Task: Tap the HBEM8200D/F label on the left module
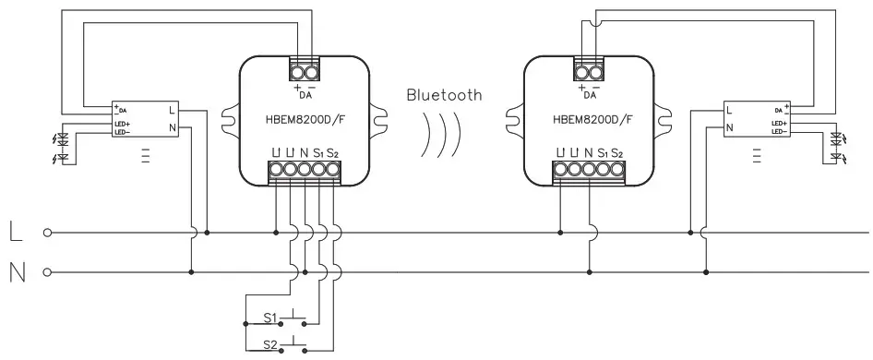point(305,119)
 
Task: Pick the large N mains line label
point(17,272)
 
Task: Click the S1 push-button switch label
point(270,318)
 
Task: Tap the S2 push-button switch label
point(270,343)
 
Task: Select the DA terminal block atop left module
point(305,70)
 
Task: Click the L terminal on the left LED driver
point(172,110)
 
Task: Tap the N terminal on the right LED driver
point(730,129)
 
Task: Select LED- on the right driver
point(778,130)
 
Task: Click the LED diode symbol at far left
point(63,147)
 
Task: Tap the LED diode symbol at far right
point(838,148)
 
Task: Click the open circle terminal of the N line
point(45,272)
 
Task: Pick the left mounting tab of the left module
point(228,119)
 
